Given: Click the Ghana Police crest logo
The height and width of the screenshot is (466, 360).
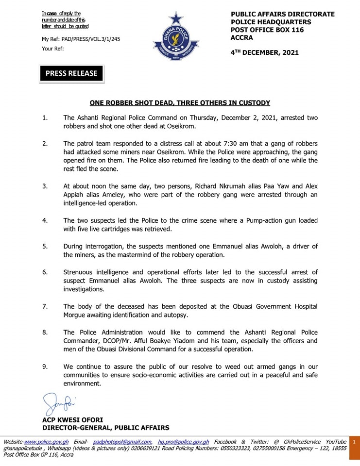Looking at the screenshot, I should (175, 39).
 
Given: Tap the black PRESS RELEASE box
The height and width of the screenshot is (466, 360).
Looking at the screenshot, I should (71, 73).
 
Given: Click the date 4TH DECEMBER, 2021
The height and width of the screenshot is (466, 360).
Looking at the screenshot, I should (265, 52).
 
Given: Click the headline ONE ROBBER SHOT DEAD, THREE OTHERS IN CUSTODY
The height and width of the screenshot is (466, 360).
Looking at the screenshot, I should (180, 103).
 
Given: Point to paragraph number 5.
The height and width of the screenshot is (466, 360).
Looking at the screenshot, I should (45, 247).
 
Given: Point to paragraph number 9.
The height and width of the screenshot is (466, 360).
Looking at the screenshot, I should (45, 366).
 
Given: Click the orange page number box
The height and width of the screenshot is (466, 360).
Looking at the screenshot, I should (354, 442).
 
